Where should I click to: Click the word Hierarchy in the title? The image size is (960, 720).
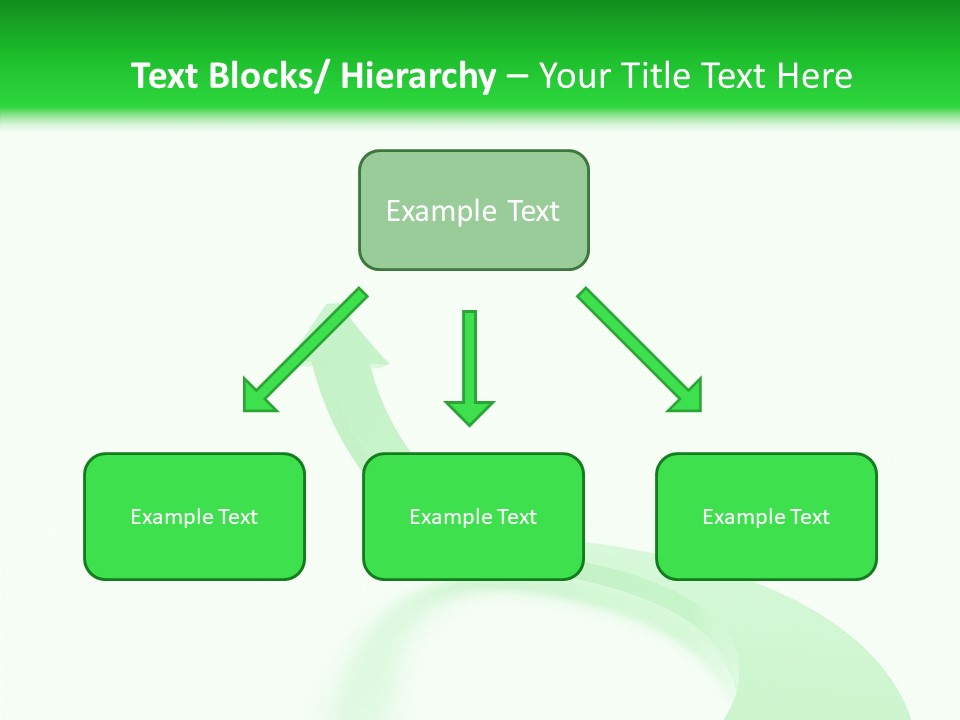(x=417, y=76)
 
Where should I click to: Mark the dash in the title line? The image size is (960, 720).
(x=516, y=77)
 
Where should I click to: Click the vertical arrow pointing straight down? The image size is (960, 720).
(x=469, y=365)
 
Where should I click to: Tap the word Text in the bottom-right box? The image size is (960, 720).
(x=809, y=517)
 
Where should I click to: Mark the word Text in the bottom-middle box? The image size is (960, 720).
(x=516, y=517)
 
